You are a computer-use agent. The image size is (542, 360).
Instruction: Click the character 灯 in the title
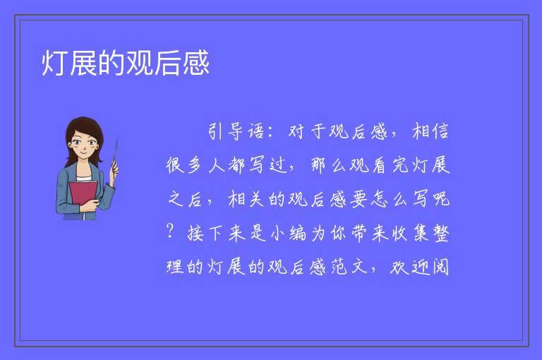point(55,63)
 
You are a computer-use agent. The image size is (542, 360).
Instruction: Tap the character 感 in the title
point(196,63)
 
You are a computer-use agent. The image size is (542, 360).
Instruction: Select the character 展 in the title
point(83,63)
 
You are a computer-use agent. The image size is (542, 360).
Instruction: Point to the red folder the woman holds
point(83,197)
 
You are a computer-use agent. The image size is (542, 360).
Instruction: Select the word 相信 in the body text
point(430,132)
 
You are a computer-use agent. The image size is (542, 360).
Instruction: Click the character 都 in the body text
point(237,164)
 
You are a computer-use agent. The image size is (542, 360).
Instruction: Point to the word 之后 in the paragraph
point(185,199)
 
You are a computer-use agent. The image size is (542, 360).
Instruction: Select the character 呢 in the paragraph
point(440,199)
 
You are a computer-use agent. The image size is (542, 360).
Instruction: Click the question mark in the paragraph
point(169,231)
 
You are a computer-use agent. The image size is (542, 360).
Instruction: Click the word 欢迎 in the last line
point(410,267)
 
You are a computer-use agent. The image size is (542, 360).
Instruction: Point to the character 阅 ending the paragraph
point(440,267)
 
